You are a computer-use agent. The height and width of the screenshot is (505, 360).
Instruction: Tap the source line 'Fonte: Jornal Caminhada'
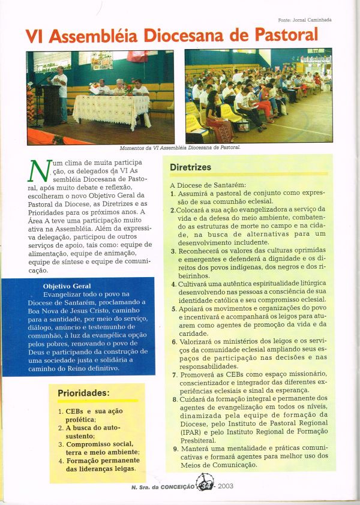(x=305, y=19)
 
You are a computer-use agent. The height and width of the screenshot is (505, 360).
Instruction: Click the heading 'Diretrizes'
(x=190, y=167)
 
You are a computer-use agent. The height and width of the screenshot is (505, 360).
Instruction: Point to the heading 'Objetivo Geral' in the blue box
(x=68, y=286)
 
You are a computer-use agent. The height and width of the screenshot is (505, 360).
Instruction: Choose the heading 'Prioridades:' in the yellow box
(x=83, y=393)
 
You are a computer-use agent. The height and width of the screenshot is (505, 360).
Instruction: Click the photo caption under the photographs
(x=181, y=147)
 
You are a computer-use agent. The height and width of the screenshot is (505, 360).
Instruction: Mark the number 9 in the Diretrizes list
(x=173, y=448)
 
